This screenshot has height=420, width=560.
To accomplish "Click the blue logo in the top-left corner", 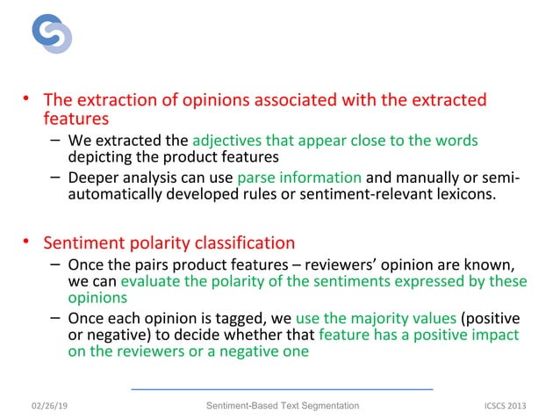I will click(51, 33).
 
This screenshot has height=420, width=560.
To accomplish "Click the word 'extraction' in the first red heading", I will click(113, 99).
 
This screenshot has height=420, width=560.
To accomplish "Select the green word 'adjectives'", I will click(224, 141).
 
